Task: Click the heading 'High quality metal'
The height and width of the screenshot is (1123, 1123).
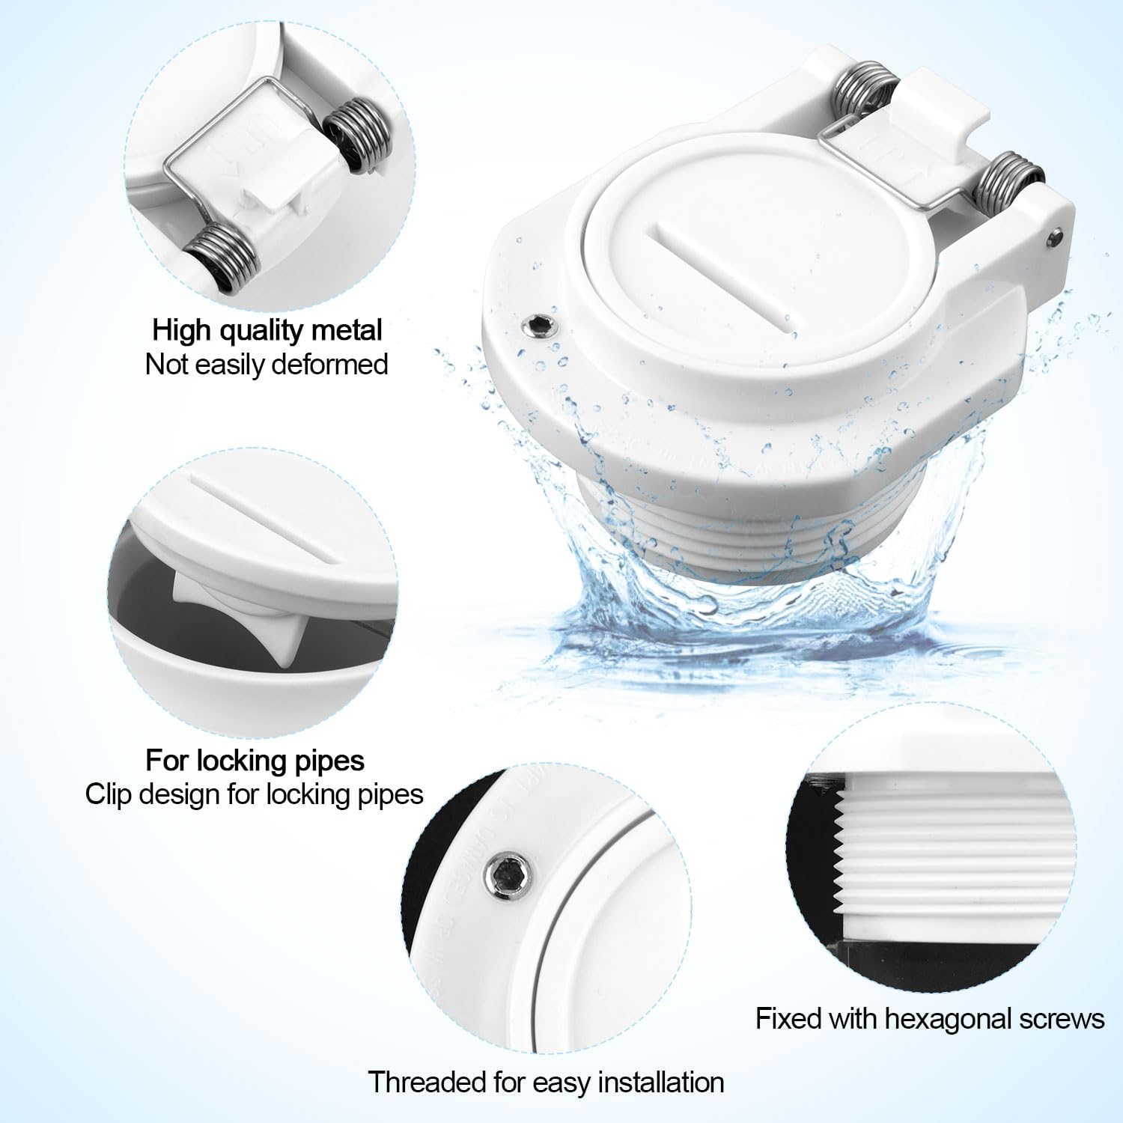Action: click(267, 329)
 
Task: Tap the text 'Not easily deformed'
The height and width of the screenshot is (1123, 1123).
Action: click(267, 365)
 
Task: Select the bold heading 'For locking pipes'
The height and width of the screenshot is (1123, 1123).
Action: click(255, 760)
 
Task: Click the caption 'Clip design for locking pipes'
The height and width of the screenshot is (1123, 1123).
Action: click(255, 794)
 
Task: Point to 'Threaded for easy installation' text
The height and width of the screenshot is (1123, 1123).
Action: click(546, 1082)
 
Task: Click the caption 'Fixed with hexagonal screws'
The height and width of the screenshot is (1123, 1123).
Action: click(930, 1019)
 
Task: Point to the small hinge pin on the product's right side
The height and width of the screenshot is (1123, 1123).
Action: click(1054, 237)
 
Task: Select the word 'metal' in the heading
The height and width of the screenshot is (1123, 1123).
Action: click(349, 329)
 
